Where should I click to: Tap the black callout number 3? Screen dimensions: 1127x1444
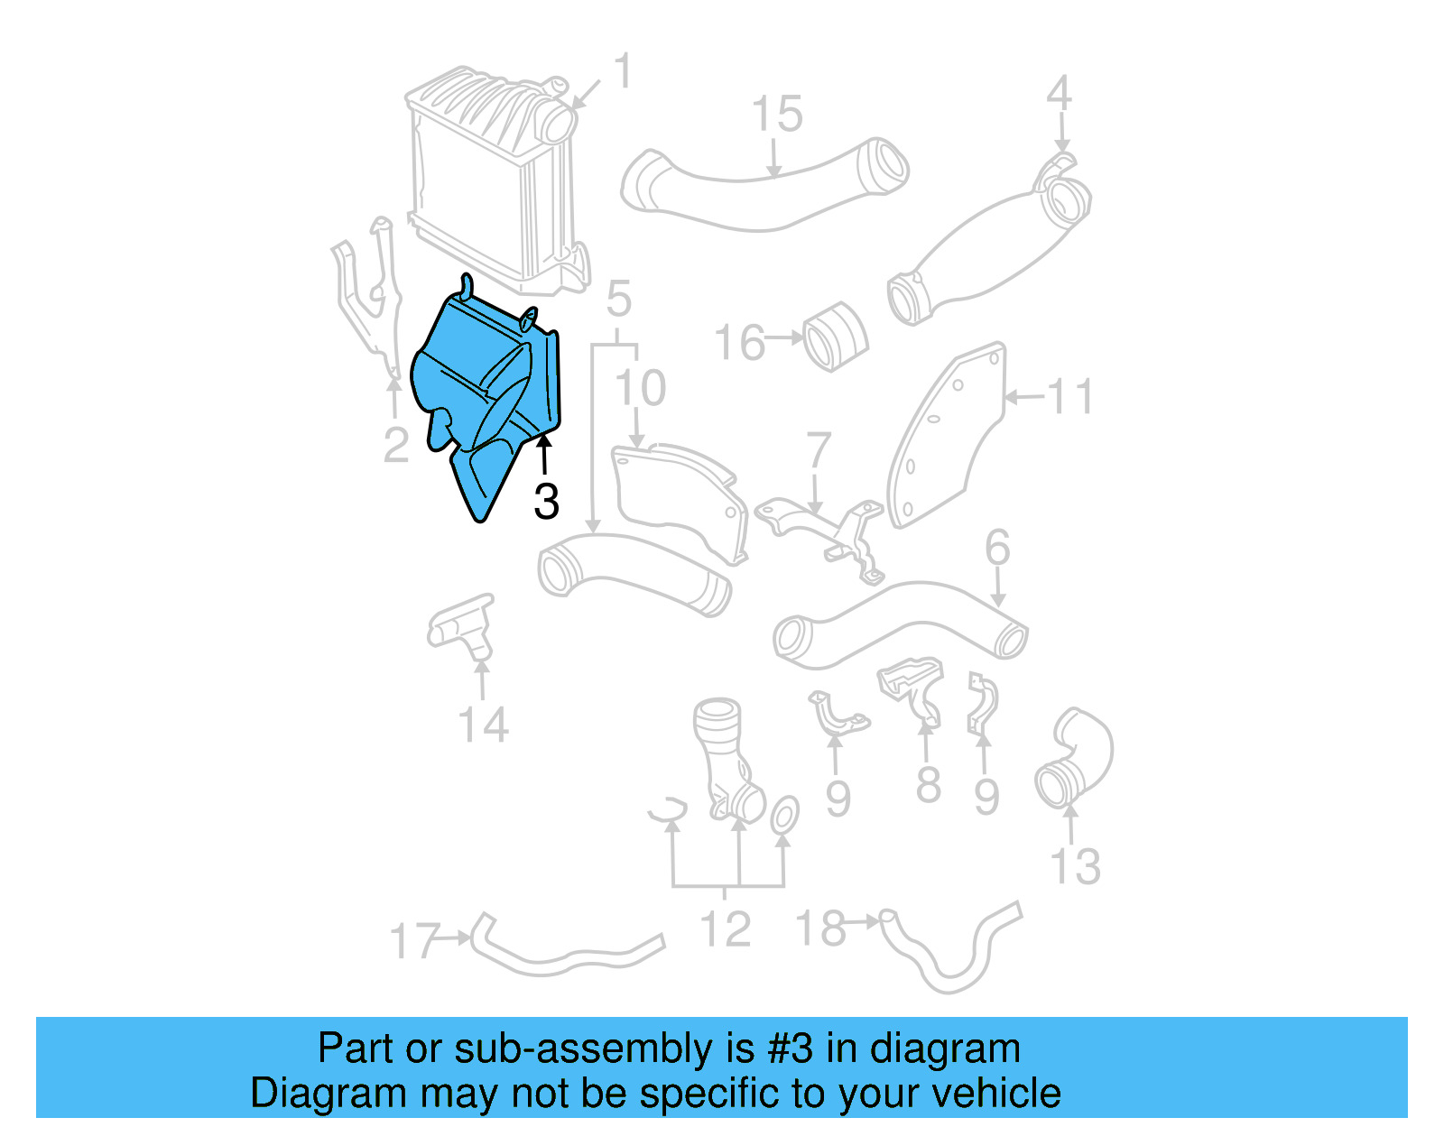click(546, 502)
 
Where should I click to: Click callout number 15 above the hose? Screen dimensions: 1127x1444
click(776, 115)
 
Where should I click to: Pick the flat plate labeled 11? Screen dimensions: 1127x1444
click(948, 433)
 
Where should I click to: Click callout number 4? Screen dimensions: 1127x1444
click(1059, 94)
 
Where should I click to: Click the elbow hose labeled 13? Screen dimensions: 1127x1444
click(1074, 758)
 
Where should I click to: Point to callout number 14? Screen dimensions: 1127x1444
click(483, 725)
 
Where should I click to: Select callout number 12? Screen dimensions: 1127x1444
click(726, 929)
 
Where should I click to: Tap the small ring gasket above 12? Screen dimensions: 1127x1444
click(783, 816)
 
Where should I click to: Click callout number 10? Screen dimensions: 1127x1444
click(640, 388)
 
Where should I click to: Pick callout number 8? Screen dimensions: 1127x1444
click(928, 785)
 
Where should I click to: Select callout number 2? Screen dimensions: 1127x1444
click(396, 446)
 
